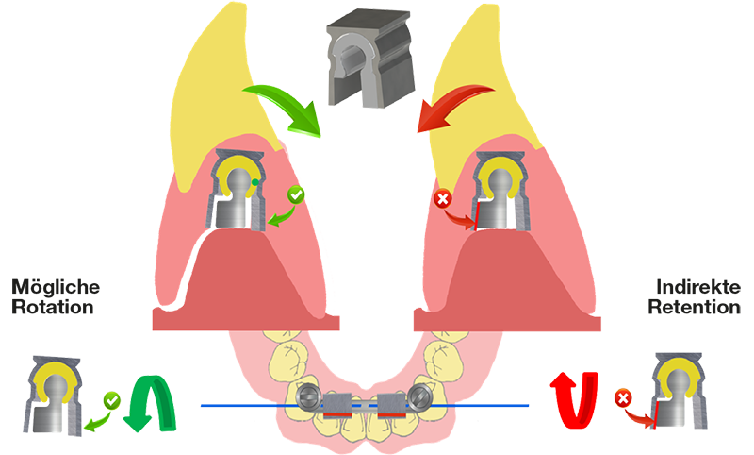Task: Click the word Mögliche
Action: coord(56,287)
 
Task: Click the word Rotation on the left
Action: coord(53,307)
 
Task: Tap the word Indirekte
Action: coord(698,287)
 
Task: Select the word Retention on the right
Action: coord(694,307)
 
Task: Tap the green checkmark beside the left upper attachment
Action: coord(296,195)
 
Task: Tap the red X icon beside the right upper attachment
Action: coord(442,198)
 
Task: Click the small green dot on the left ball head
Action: coord(254,182)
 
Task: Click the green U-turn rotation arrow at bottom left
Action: coord(150,403)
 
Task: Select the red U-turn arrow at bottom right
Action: coord(574,399)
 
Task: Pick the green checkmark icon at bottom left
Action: coord(112,400)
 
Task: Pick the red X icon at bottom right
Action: coord(623,398)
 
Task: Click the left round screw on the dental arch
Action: coord(309,396)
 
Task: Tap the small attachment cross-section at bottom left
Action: coord(54,396)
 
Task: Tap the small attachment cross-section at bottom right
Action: coord(679,391)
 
